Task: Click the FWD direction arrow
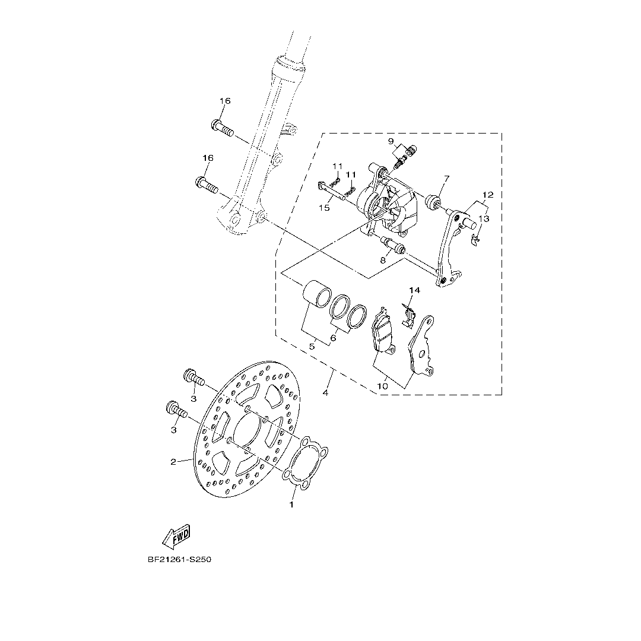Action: coord(177,536)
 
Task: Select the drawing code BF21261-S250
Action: coord(179,559)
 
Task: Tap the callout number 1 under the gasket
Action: coord(291,505)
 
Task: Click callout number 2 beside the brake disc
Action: coord(173,462)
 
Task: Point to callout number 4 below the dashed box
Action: coord(325,393)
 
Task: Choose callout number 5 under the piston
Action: coord(312,347)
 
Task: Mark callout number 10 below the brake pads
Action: coord(383,386)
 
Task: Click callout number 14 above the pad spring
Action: coord(414,290)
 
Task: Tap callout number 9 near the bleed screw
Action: coord(391,141)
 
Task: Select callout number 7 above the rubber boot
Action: coord(446,178)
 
